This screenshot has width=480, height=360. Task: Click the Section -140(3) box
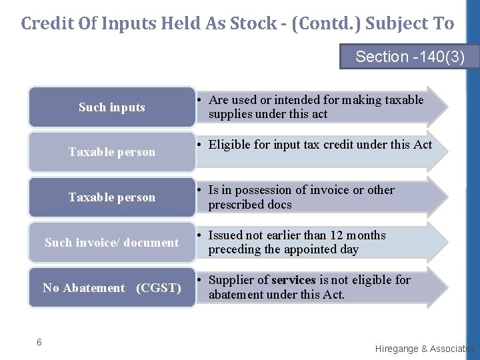409,57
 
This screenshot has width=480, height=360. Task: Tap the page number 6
39,342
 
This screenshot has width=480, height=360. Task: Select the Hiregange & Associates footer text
425,349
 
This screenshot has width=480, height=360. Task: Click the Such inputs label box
111,107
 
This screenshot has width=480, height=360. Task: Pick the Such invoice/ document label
111,243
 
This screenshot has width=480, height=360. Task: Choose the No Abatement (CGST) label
111,288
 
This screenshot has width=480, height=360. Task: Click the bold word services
293,280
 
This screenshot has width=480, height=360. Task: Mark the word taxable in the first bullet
402,100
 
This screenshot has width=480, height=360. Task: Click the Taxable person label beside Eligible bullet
111,152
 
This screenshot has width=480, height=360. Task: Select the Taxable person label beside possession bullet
111,197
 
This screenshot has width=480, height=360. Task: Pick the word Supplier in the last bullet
231,280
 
